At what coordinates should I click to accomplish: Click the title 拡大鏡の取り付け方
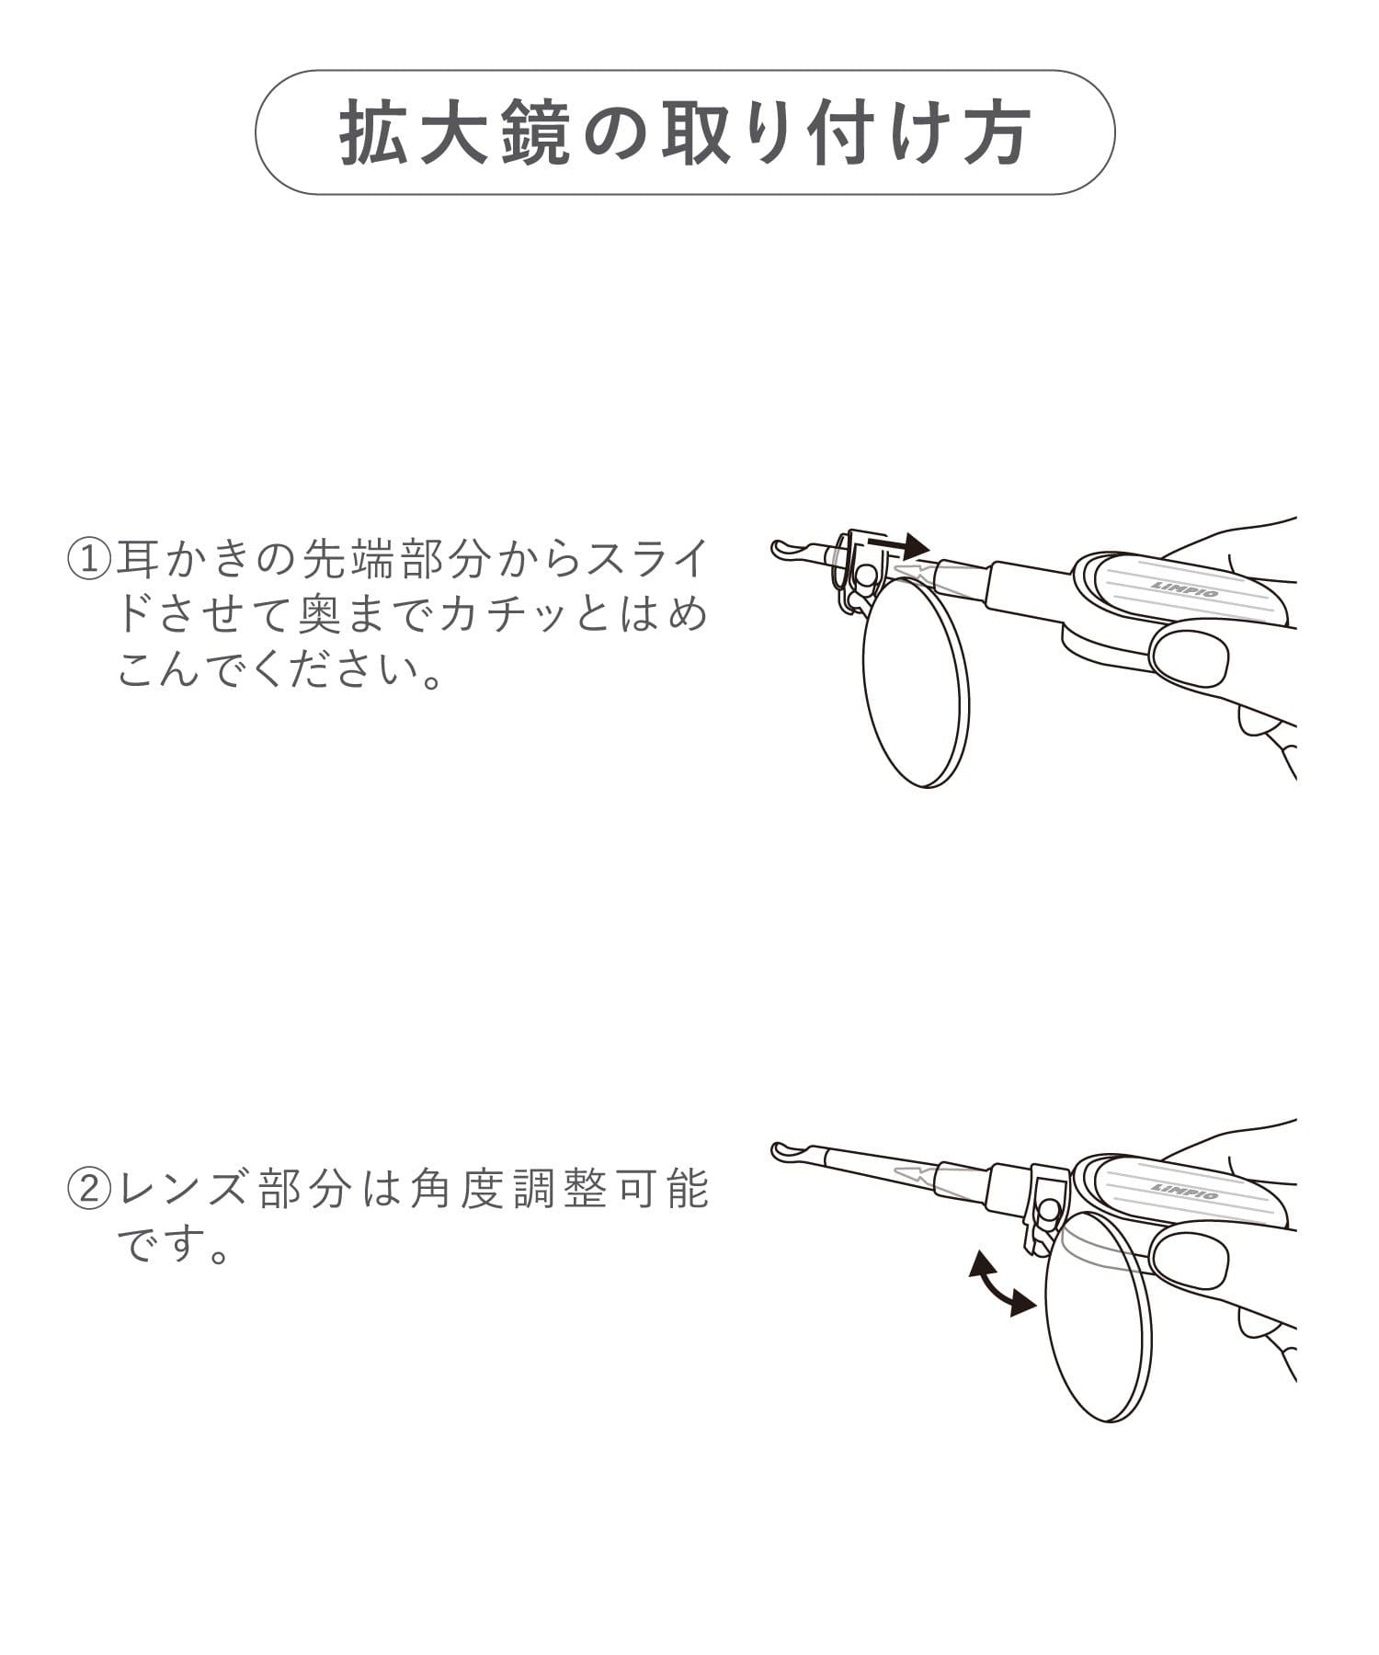[x=685, y=133]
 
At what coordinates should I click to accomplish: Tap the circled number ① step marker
[x=89, y=559]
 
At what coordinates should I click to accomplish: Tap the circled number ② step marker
[x=89, y=1190]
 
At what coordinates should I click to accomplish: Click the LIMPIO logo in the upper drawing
[x=1184, y=588]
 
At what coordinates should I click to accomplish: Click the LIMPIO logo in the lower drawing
[x=1184, y=1190]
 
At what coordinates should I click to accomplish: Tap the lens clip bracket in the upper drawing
[x=860, y=570]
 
